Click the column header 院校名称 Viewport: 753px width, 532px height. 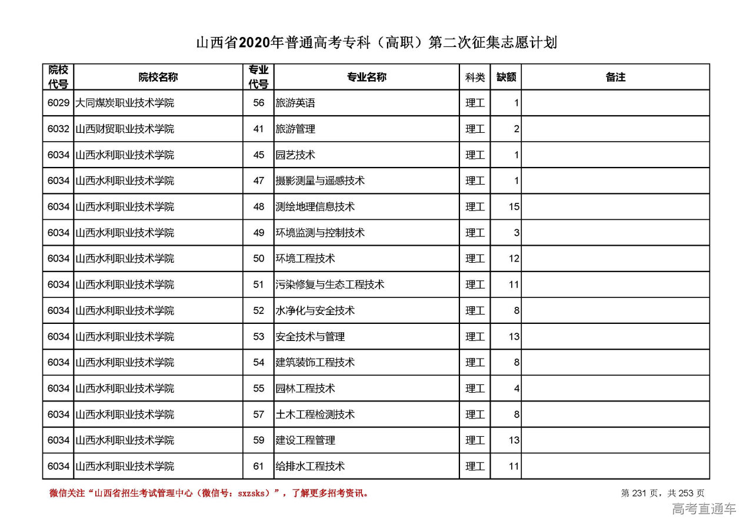(x=158, y=77)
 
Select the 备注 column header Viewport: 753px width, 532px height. (x=615, y=77)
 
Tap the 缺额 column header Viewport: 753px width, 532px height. (x=506, y=77)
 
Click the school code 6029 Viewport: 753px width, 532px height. (x=58, y=103)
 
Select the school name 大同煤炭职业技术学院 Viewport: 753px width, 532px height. (x=125, y=103)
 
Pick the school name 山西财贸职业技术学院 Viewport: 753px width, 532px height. (x=125, y=129)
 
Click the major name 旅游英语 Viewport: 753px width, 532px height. (x=295, y=103)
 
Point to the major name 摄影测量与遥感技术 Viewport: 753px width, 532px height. (x=320, y=180)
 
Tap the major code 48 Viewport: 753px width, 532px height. (x=259, y=207)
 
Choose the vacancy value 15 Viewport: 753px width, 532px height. (x=514, y=207)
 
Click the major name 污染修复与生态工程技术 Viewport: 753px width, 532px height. (x=330, y=285)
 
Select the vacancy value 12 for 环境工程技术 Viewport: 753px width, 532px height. (x=514, y=259)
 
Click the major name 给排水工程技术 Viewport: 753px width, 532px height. (x=310, y=466)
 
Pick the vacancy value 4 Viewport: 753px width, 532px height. (x=517, y=389)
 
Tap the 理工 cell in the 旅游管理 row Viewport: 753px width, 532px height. (x=475, y=129)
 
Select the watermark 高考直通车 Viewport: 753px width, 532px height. (x=704, y=509)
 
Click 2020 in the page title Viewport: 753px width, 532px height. (x=255, y=43)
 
